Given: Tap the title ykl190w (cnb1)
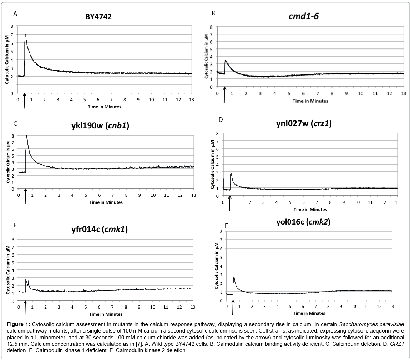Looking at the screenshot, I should pos(107,125).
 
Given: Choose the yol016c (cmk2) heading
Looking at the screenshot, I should pos(303,222).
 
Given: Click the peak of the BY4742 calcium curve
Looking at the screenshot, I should pos(25,35).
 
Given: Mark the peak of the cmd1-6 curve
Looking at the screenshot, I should pos(225,60).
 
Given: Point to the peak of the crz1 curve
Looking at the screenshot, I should pos(231,173).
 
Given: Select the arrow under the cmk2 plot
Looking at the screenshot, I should pos(233,308).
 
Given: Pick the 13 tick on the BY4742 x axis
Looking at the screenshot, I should pos(192,99).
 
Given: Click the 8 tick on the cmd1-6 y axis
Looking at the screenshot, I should pos(211,27).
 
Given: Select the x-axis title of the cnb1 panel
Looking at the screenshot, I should pos(106,202).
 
